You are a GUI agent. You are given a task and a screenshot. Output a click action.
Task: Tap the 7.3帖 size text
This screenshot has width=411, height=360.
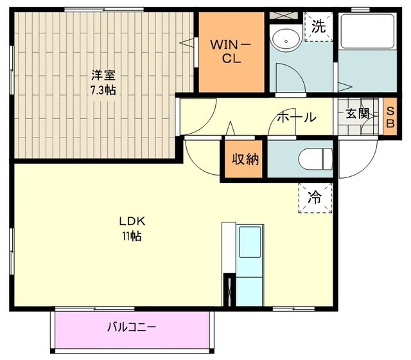104,91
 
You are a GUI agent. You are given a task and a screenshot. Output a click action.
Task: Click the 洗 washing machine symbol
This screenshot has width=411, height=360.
317,27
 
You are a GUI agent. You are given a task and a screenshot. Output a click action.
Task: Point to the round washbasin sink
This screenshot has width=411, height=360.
283,40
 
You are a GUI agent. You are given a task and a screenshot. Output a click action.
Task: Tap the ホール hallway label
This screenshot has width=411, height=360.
296,117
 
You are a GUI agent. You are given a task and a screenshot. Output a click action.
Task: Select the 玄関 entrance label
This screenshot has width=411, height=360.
358,114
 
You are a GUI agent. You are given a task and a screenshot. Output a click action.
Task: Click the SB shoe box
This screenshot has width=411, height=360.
390,116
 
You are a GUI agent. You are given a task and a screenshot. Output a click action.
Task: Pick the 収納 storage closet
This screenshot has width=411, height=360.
245,158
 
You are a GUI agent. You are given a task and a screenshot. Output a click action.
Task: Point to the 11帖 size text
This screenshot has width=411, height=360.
132,236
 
